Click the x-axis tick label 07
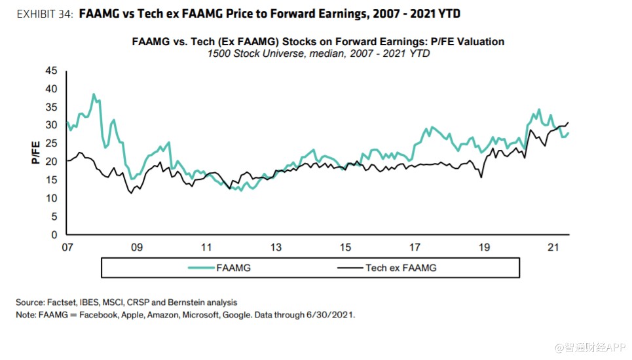pyautogui.click(x=66, y=248)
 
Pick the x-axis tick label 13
pyautogui.click(x=276, y=248)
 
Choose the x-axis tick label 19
pyautogui.click(x=484, y=248)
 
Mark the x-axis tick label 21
pyautogui.click(x=553, y=248)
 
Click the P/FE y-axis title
pyautogui.click(x=36, y=152)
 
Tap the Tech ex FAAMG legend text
pyautogui.click(x=401, y=268)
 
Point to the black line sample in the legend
pyautogui.click(x=350, y=268)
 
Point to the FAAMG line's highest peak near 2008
pyautogui.click(x=94, y=94)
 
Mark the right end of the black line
pyautogui.click(x=568, y=122)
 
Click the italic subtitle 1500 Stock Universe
pyautogui.click(x=251, y=54)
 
